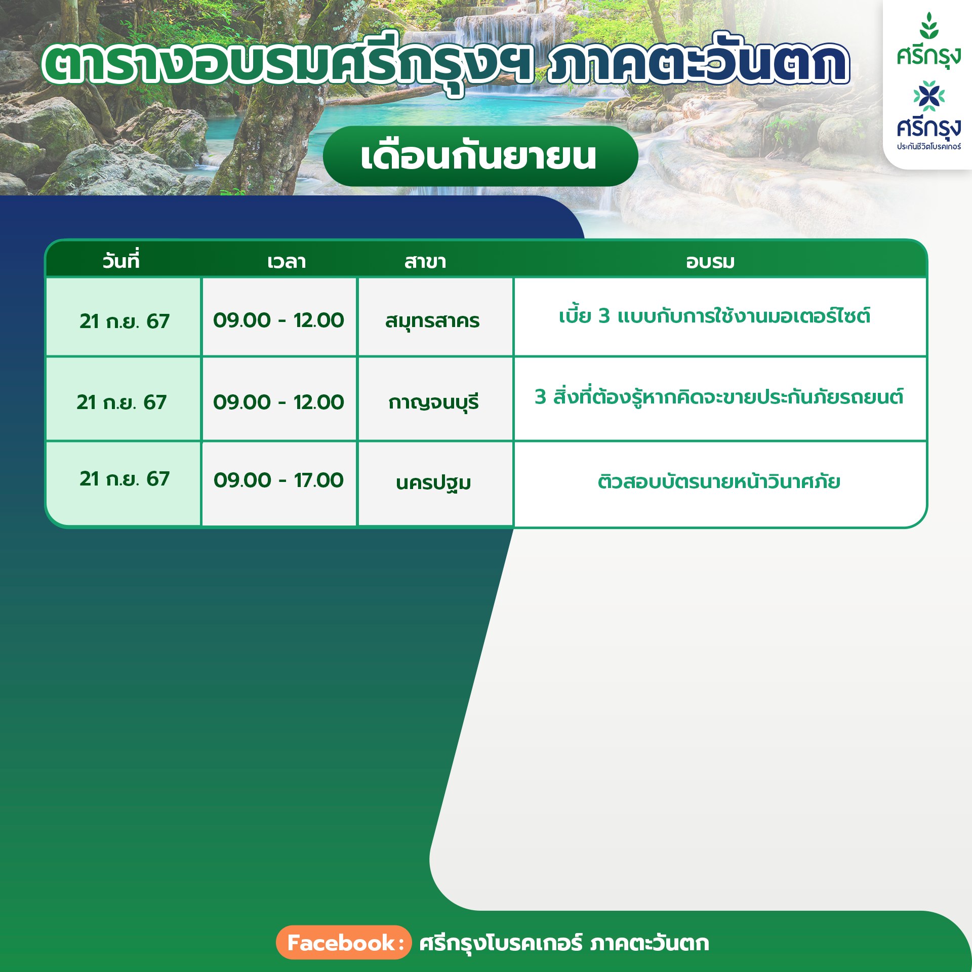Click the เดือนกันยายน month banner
coord(480,156)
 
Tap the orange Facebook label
coord(343,943)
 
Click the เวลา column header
coord(287,262)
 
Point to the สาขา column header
coord(425,262)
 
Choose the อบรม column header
coord(710,262)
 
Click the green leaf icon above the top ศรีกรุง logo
coord(929,25)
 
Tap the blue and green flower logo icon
coord(929,96)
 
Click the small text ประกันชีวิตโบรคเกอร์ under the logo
coord(929,146)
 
